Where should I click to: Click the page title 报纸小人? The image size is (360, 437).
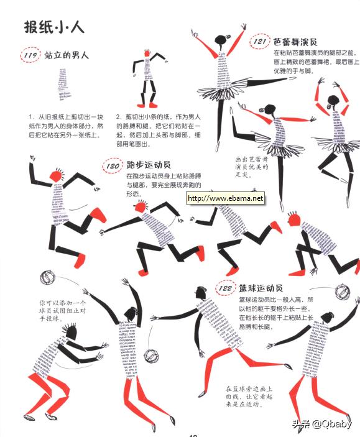point(54,27)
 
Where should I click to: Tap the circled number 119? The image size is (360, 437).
point(30,55)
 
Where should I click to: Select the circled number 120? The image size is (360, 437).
point(112,166)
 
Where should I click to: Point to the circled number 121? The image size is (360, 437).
point(261,42)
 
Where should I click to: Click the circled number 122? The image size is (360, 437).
point(225,289)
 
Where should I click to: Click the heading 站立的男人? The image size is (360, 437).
point(67,55)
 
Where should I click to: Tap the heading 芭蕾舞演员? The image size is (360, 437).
point(295,42)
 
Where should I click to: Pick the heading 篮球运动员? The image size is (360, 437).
point(261,288)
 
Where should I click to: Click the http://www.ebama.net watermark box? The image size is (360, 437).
point(225,199)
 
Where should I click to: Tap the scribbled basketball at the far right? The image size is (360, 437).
point(341,291)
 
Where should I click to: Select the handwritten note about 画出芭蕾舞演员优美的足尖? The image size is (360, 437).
point(252,167)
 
